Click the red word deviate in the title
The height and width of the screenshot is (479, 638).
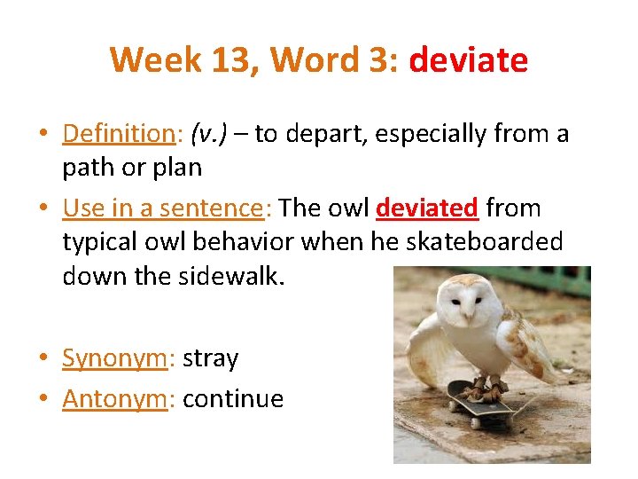(x=469, y=60)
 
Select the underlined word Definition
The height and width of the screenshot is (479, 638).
(x=120, y=134)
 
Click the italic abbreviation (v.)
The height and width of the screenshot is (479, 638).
(x=214, y=134)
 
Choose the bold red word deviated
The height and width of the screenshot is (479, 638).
(x=427, y=208)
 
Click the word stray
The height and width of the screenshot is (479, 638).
(x=211, y=359)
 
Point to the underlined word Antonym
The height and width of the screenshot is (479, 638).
(x=113, y=400)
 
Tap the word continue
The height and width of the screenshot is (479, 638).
(x=232, y=400)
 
